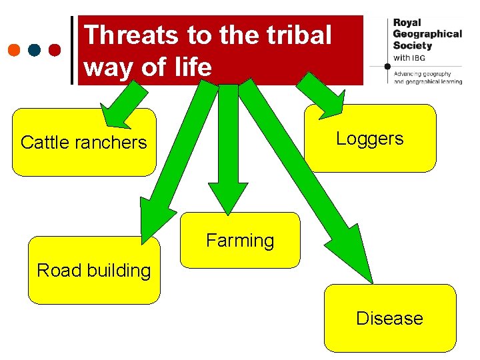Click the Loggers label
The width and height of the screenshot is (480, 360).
(369, 139)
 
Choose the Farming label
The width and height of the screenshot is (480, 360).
(240, 240)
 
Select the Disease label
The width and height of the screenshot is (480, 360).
(389, 318)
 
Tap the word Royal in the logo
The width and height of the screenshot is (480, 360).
(407, 23)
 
